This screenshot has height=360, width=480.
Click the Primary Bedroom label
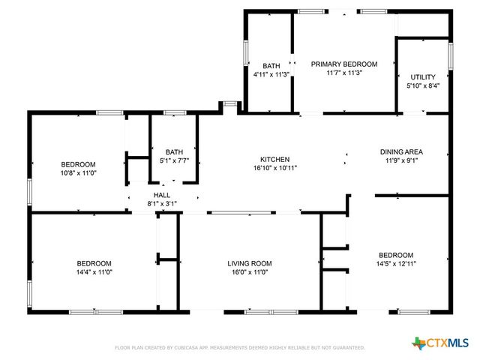344,64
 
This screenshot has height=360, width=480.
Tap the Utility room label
422,77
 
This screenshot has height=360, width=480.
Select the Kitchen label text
274,160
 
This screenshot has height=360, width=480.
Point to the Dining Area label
401,151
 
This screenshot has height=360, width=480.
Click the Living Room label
250,263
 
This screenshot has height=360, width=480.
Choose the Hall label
162,194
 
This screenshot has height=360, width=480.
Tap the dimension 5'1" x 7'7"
174,160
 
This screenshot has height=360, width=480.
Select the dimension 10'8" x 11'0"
78,173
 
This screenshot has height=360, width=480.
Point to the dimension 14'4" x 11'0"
94,272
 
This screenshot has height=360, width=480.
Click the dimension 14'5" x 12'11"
395,263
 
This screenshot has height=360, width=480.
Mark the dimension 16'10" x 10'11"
274,169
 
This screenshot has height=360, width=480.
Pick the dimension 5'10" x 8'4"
422,86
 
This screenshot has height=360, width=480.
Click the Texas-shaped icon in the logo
418,343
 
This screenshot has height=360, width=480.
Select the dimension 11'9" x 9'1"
401,160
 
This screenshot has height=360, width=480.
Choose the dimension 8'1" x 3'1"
162,203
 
